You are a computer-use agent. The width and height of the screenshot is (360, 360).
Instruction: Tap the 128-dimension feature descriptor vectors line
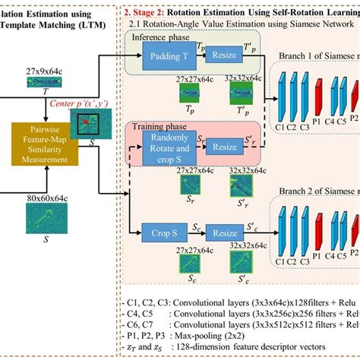coord(228,346)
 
